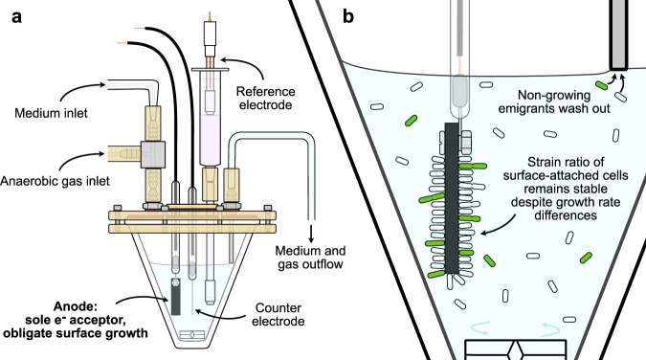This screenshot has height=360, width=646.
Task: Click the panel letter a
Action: tap(16, 17)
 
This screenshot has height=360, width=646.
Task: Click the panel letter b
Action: tap(348, 16)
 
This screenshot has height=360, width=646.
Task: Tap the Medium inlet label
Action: tap(51, 113)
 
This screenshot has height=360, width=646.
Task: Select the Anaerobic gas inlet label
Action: tap(55, 181)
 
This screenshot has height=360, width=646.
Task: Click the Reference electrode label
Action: tap(266, 99)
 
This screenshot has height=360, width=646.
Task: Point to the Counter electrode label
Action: tap(278, 314)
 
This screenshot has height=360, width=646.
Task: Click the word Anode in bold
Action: tap(75, 306)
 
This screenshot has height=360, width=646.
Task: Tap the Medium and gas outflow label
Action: tap(310, 258)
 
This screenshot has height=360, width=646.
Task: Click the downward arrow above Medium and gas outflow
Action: tap(311, 234)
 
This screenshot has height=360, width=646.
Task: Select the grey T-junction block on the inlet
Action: tap(153, 155)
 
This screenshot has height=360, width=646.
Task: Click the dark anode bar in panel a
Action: tap(176, 297)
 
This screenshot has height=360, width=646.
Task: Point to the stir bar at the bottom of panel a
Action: tap(192, 335)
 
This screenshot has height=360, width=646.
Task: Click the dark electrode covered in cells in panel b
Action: tap(452, 198)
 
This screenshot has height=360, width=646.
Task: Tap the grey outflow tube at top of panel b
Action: tap(619, 34)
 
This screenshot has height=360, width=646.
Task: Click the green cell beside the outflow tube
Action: tap(602, 85)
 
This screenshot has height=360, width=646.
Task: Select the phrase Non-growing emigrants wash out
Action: tap(554, 101)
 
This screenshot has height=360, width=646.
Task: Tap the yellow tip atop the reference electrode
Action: tap(211, 17)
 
